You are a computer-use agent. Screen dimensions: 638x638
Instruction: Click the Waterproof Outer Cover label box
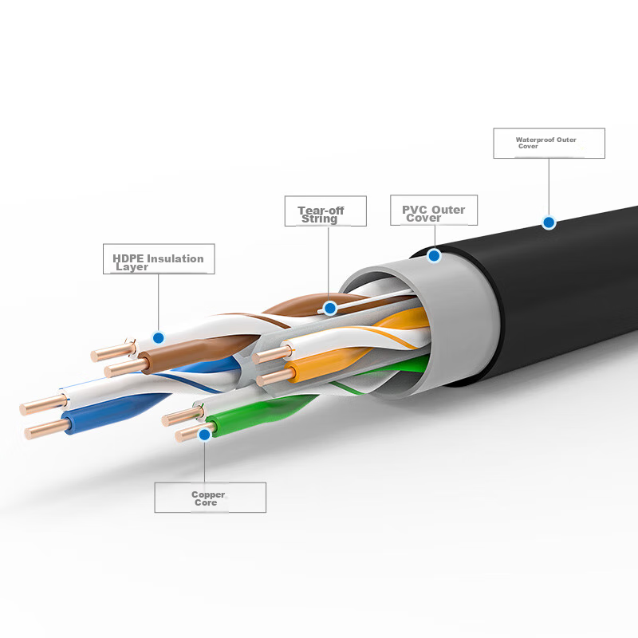[549, 144]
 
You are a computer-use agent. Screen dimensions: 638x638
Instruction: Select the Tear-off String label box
[325, 211]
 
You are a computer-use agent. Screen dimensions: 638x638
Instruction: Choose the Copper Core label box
[210, 497]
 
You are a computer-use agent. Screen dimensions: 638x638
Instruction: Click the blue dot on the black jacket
[549, 223]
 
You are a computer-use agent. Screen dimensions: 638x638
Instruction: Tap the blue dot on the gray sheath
[434, 255]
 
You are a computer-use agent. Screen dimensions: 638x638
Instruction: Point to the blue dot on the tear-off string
[330, 309]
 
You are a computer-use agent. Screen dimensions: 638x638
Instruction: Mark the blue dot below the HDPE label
[158, 337]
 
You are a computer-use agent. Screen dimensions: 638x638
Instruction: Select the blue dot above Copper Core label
[205, 435]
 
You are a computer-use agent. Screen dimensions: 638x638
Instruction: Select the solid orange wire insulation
[325, 363]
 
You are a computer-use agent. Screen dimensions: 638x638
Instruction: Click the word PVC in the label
[415, 210]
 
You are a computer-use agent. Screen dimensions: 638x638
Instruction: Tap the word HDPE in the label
[128, 258]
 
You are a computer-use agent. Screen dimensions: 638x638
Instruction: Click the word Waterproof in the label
[534, 140]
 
